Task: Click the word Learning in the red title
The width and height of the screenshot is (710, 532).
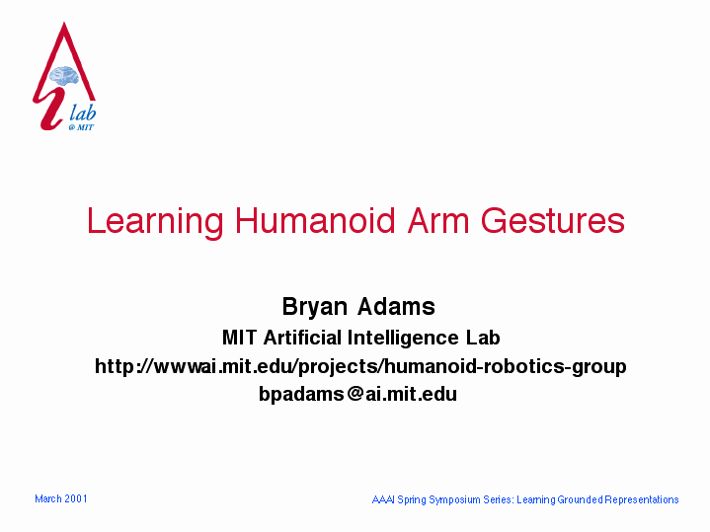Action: click(x=155, y=221)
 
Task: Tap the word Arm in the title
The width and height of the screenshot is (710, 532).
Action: click(x=437, y=221)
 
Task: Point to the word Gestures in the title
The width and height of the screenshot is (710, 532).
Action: click(x=552, y=221)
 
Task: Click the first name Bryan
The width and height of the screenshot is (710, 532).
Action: click(x=315, y=307)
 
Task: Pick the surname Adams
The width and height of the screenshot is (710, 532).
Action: click(x=396, y=307)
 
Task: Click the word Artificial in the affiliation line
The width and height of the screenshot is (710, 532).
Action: click(x=302, y=338)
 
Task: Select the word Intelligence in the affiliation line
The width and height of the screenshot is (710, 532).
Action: click(x=403, y=339)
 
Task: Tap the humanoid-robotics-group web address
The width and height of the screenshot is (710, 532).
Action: click(x=360, y=366)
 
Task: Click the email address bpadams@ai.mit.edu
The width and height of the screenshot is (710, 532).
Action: click(x=357, y=394)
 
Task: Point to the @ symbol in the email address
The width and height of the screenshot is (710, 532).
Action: click(x=355, y=394)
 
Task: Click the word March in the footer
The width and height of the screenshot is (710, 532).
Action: click(x=48, y=499)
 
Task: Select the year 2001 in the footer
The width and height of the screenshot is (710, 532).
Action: click(x=76, y=499)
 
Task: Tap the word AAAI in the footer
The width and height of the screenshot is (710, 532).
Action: click(x=383, y=499)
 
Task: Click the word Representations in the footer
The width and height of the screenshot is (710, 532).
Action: click(x=642, y=499)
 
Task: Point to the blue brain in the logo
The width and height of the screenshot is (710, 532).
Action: click(x=64, y=76)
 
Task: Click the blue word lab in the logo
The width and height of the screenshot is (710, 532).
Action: click(x=82, y=113)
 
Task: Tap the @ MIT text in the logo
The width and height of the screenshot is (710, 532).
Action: click(x=81, y=127)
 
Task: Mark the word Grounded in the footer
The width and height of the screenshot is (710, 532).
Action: click(x=580, y=499)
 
